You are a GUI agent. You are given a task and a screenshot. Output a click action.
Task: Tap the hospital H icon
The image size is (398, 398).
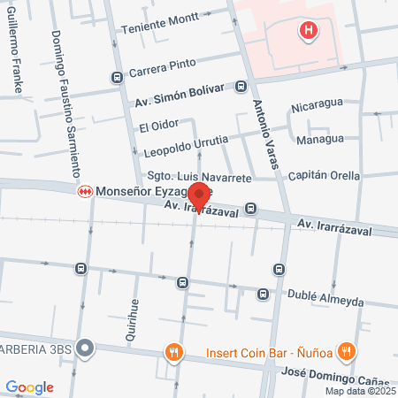point(309,32)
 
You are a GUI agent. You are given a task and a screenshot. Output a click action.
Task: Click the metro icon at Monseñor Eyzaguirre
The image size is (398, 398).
point(86,190)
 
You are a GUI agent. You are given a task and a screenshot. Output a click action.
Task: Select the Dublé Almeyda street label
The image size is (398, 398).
point(326,301)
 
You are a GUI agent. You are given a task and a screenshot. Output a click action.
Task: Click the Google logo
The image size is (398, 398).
point(29,387)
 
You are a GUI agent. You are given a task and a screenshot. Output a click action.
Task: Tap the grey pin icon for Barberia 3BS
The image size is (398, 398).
point(85,347)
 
